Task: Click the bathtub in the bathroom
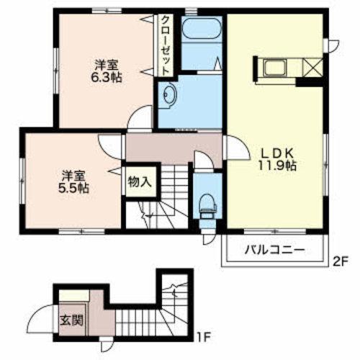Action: pos(202,29)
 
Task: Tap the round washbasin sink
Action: pos(169,94)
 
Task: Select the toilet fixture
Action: pos(208,206)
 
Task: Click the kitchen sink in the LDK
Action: pos(275,68)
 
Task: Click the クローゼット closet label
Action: pos(165,45)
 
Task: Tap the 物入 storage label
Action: pos(140,182)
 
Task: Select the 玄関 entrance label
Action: pos(71,320)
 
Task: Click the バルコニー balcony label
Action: pos(274,251)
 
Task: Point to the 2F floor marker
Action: pos(340,261)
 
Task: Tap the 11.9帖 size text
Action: pos(277,166)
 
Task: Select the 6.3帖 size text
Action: pos(106,77)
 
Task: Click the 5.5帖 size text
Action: pos(73,189)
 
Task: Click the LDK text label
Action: pos(277,153)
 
